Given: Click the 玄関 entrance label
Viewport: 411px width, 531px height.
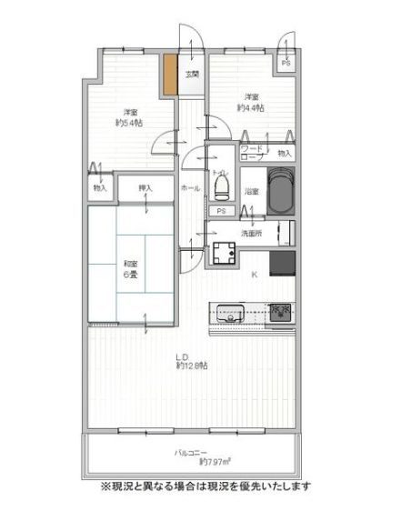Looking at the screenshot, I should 193,75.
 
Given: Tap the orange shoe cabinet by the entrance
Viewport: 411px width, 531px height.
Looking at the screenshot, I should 169,75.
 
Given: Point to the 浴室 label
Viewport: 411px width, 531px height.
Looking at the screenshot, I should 251,192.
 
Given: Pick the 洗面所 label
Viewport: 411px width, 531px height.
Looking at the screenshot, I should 251,234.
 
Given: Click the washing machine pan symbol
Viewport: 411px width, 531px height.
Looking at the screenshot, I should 224,255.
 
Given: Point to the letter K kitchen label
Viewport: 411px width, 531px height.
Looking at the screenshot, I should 254,275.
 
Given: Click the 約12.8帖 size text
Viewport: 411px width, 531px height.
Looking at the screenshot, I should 192,366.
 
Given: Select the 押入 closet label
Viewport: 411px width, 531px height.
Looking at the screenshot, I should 146,188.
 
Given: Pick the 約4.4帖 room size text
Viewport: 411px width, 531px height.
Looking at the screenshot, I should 250,107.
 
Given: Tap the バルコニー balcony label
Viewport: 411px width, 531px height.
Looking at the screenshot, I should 191,453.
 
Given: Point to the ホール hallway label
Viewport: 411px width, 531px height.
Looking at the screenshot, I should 190,187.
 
